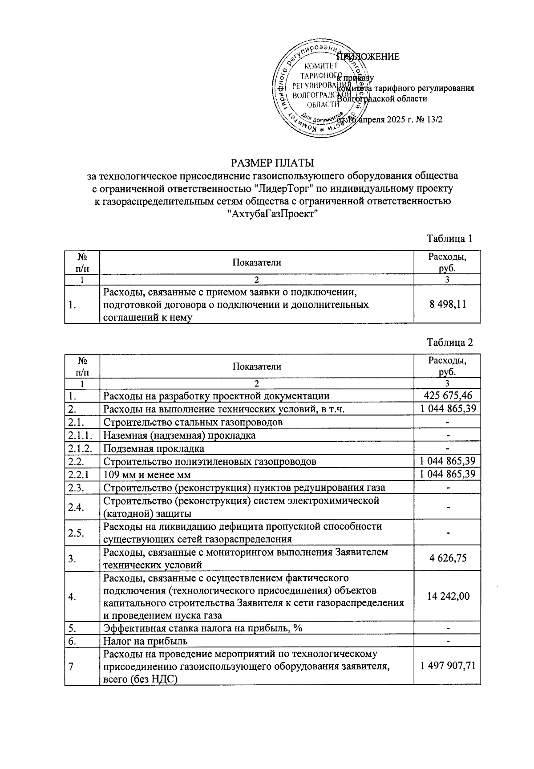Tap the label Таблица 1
pyautogui.click(x=449, y=238)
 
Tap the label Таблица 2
pyautogui.click(x=449, y=342)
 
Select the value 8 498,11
pyautogui.click(x=447, y=305)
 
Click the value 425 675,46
pyautogui.click(x=447, y=395)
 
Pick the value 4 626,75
pyautogui.click(x=447, y=558)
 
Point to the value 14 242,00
pyautogui.click(x=447, y=596)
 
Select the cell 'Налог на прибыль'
pyautogui.click(x=145, y=641)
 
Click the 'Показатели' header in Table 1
pyautogui.click(x=257, y=262)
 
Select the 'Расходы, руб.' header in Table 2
pyautogui.click(x=447, y=366)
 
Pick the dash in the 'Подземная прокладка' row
pyautogui.click(x=448, y=448)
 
